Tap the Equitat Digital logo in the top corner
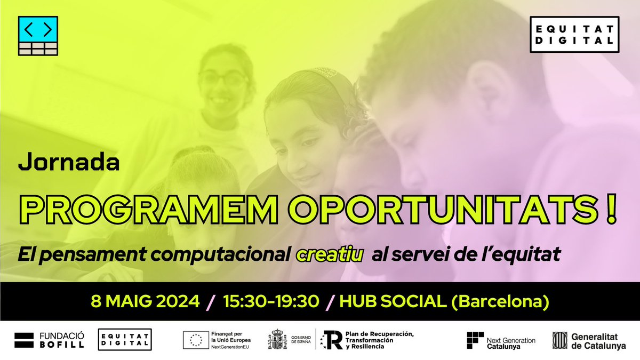(574, 35)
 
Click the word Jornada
(69, 163)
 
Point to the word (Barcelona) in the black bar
(501, 302)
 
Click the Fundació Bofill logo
(49, 340)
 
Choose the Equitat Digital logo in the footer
(125, 340)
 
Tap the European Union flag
(196, 340)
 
